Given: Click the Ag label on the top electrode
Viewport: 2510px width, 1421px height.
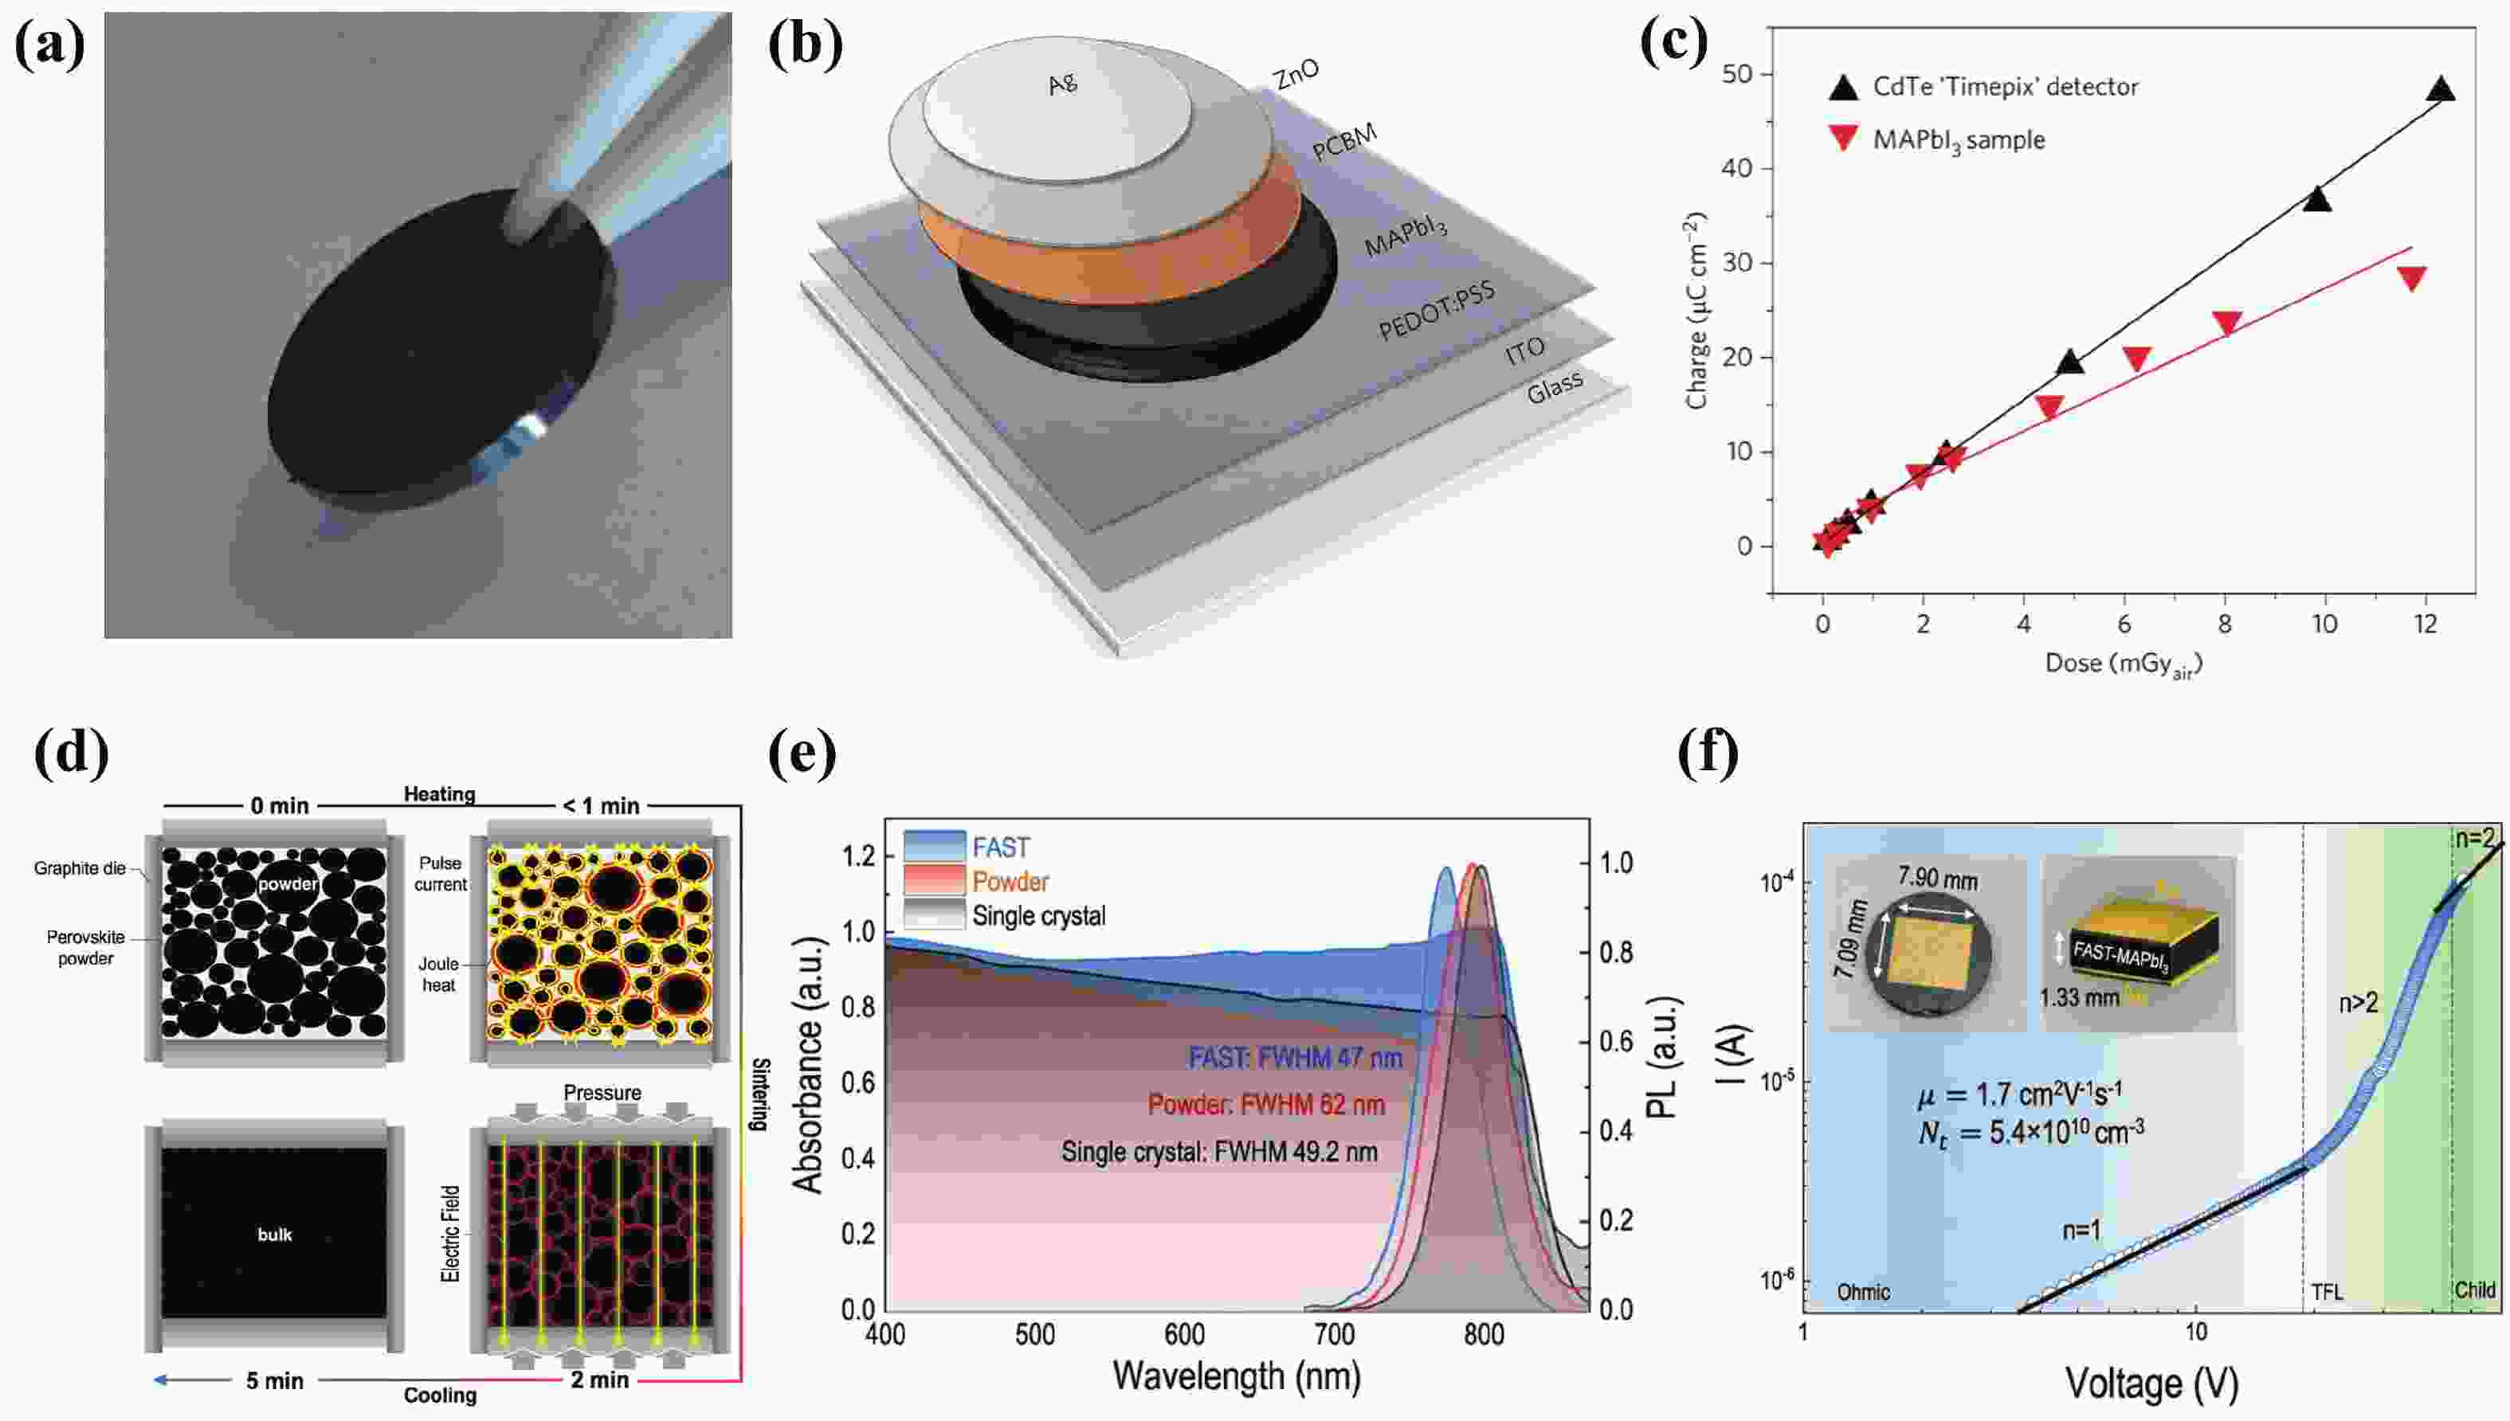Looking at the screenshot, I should pos(1062,84).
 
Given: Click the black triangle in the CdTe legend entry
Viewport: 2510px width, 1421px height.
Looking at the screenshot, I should pos(1843,87).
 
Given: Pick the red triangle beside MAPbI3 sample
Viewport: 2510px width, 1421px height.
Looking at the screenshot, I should pos(1843,139).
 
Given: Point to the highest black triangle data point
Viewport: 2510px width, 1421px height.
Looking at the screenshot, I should pos(2441,90).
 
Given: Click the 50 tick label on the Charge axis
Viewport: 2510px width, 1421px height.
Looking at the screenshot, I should pos(1737,75).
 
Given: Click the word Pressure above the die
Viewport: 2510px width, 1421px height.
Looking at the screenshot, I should pos(602,1092).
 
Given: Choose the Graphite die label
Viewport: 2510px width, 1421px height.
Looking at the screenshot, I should pos(79,867).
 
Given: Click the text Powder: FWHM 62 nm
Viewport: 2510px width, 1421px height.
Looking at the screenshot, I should pos(1266,1105).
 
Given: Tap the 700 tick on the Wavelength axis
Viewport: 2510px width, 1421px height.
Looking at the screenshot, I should pos(1334,1334).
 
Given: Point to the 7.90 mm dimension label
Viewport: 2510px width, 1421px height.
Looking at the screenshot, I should pos(1937,879).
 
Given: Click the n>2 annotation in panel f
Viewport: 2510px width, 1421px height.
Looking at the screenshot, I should pos(2358,1002).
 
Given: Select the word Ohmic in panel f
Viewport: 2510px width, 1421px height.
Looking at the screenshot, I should pos(1863,1292).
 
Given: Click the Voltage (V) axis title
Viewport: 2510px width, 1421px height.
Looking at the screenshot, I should pos(2151,1384).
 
